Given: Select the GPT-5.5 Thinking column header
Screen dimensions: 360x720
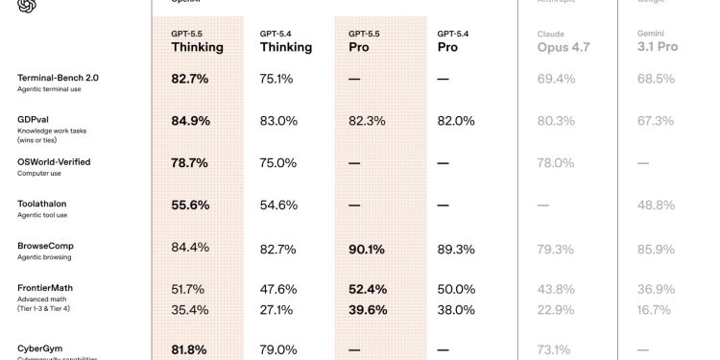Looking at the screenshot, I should point(197,40).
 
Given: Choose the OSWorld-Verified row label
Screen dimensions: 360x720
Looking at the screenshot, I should point(54,162).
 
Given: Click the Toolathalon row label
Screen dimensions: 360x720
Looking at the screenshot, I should point(42,204).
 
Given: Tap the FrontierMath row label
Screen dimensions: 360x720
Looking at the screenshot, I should point(45,288).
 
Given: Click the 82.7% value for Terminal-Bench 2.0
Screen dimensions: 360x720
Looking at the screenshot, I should point(189,79).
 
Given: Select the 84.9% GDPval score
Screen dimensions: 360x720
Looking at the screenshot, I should point(189,121).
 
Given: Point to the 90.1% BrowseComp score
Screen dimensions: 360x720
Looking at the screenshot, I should point(366,249).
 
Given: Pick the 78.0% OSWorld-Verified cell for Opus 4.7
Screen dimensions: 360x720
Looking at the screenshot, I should point(556,163).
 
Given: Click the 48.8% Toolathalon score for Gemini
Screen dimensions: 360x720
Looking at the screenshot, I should point(656,205).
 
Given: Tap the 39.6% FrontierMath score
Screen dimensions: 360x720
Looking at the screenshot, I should point(367,310).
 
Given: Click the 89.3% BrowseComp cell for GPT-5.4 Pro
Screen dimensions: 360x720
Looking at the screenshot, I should point(456,249).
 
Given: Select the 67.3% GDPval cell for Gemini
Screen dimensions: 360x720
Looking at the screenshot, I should point(656,121).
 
